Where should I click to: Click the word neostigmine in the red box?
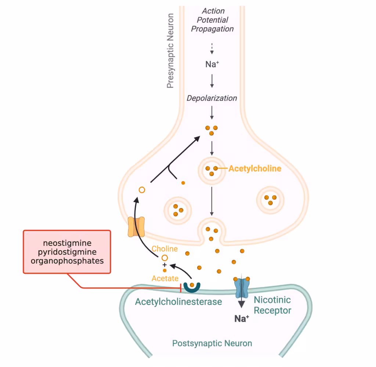click(67, 243)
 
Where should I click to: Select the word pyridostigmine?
click(67, 252)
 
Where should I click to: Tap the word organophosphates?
click(67, 261)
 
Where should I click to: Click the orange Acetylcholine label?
click(254, 169)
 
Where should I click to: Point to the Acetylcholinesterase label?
click(178, 302)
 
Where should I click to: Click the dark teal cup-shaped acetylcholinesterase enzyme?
click(192, 287)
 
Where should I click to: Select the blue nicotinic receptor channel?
click(241, 287)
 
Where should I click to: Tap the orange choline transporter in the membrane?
click(136, 227)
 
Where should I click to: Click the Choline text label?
click(164, 249)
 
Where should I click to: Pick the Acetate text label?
click(165, 279)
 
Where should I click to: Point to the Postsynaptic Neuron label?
click(212, 344)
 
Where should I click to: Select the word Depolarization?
click(212, 98)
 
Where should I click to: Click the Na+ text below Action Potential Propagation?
click(212, 64)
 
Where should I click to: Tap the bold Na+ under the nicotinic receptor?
click(242, 319)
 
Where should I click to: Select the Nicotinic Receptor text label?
click(272, 305)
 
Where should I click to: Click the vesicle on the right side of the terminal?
click(270, 200)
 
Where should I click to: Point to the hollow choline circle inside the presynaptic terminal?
click(142, 190)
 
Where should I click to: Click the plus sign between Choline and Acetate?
click(164, 265)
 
